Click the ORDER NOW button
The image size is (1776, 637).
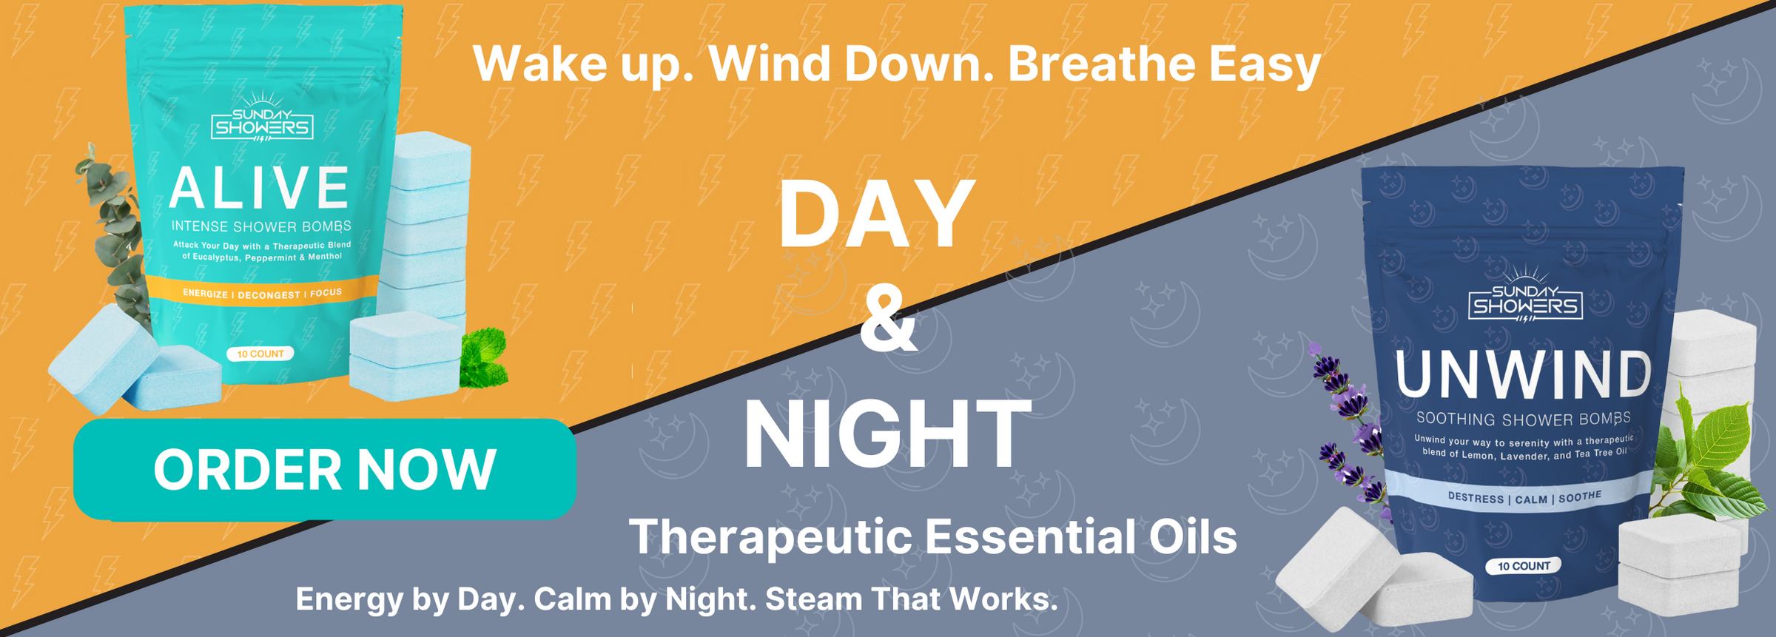(324, 469)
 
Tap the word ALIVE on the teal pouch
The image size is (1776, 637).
(259, 188)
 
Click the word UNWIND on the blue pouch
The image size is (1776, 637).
(1523, 374)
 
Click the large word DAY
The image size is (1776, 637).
(878, 215)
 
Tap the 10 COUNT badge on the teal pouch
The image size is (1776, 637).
(260, 354)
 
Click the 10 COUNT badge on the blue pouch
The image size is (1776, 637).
(1524, 566)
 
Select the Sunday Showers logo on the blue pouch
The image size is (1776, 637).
(1525, 295)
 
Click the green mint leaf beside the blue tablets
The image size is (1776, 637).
(483, 358)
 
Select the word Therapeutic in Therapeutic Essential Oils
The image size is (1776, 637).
(770, 537)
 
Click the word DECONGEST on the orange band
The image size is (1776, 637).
(269, 294)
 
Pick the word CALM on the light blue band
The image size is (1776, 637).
(1531, 499)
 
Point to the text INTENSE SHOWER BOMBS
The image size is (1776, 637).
(261, 226)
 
